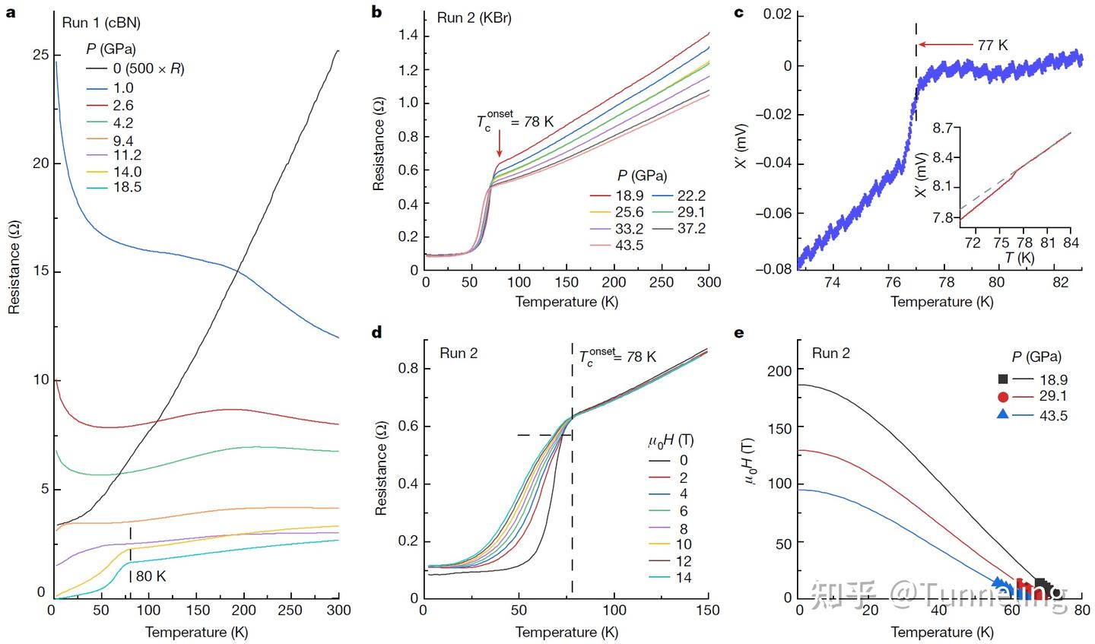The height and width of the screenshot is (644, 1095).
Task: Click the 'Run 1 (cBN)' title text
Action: (x=100, y=23)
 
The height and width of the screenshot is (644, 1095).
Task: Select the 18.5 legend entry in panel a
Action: (x=127, y=188)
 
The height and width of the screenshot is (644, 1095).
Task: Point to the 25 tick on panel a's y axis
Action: (x=37, y=56)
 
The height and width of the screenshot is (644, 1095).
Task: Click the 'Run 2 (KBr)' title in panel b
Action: (x=474, y=17)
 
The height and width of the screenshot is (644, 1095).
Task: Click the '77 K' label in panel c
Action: (x=992, y=45)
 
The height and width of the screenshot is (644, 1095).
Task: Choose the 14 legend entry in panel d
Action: (x=684, y=578)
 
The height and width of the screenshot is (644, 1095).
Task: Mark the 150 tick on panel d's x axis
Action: (x=708, y=610)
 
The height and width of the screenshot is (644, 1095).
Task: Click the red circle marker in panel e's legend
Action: (x=1004, y=396)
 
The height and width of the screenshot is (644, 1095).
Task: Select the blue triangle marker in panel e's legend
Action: (x=1004, y=414)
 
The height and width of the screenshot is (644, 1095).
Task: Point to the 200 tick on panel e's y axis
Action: (x=780, y=370)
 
